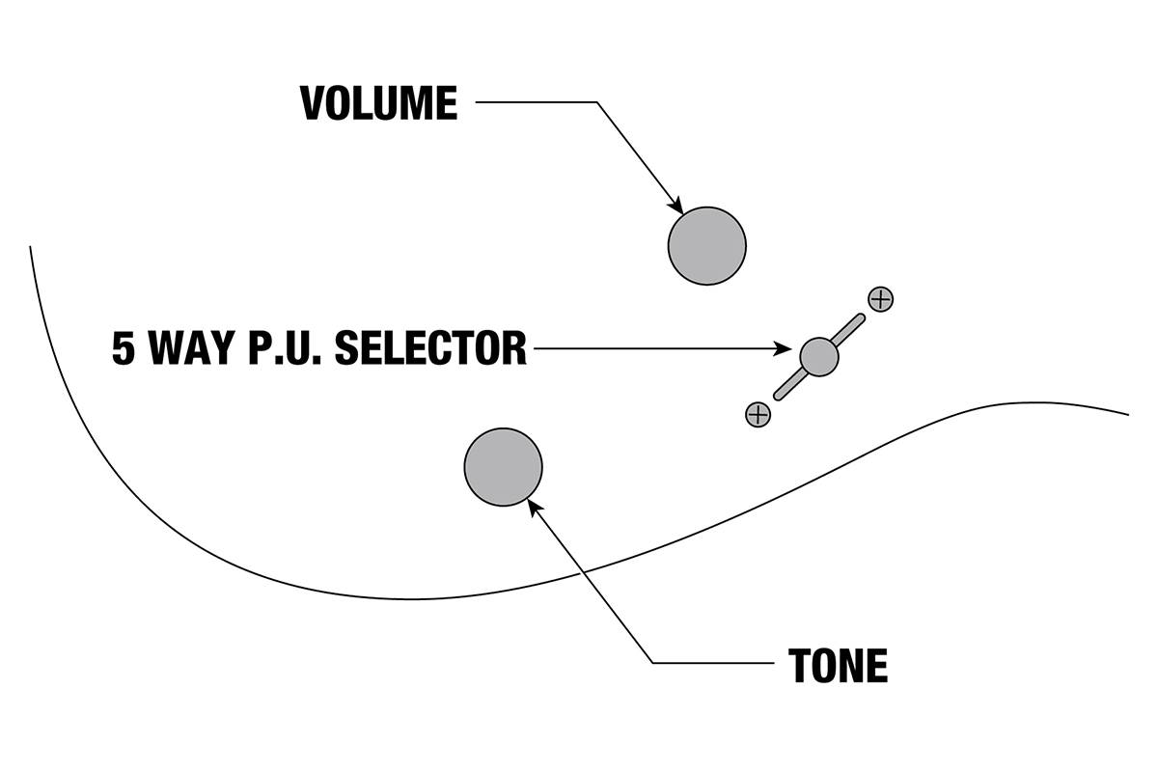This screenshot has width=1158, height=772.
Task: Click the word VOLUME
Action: (378, 103)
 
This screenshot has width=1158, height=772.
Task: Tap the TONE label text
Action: (838, 665)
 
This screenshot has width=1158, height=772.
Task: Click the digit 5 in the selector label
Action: (123, 347)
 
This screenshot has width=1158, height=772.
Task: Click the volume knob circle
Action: (706, 245)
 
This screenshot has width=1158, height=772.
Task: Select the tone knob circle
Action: (503, 467)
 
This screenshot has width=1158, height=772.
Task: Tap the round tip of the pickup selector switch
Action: (819, 356)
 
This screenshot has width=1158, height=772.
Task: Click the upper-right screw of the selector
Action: (880, 299)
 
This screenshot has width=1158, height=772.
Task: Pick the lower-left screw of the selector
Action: (758, 415)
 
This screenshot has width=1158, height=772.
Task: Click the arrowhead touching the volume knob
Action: (677, 207)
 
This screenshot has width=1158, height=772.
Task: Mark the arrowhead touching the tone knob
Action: (534, 506)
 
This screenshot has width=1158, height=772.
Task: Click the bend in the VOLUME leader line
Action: (597, 102)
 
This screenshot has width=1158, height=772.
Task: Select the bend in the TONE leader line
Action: (653, 662)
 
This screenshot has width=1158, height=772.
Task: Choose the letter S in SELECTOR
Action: (345, 347)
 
